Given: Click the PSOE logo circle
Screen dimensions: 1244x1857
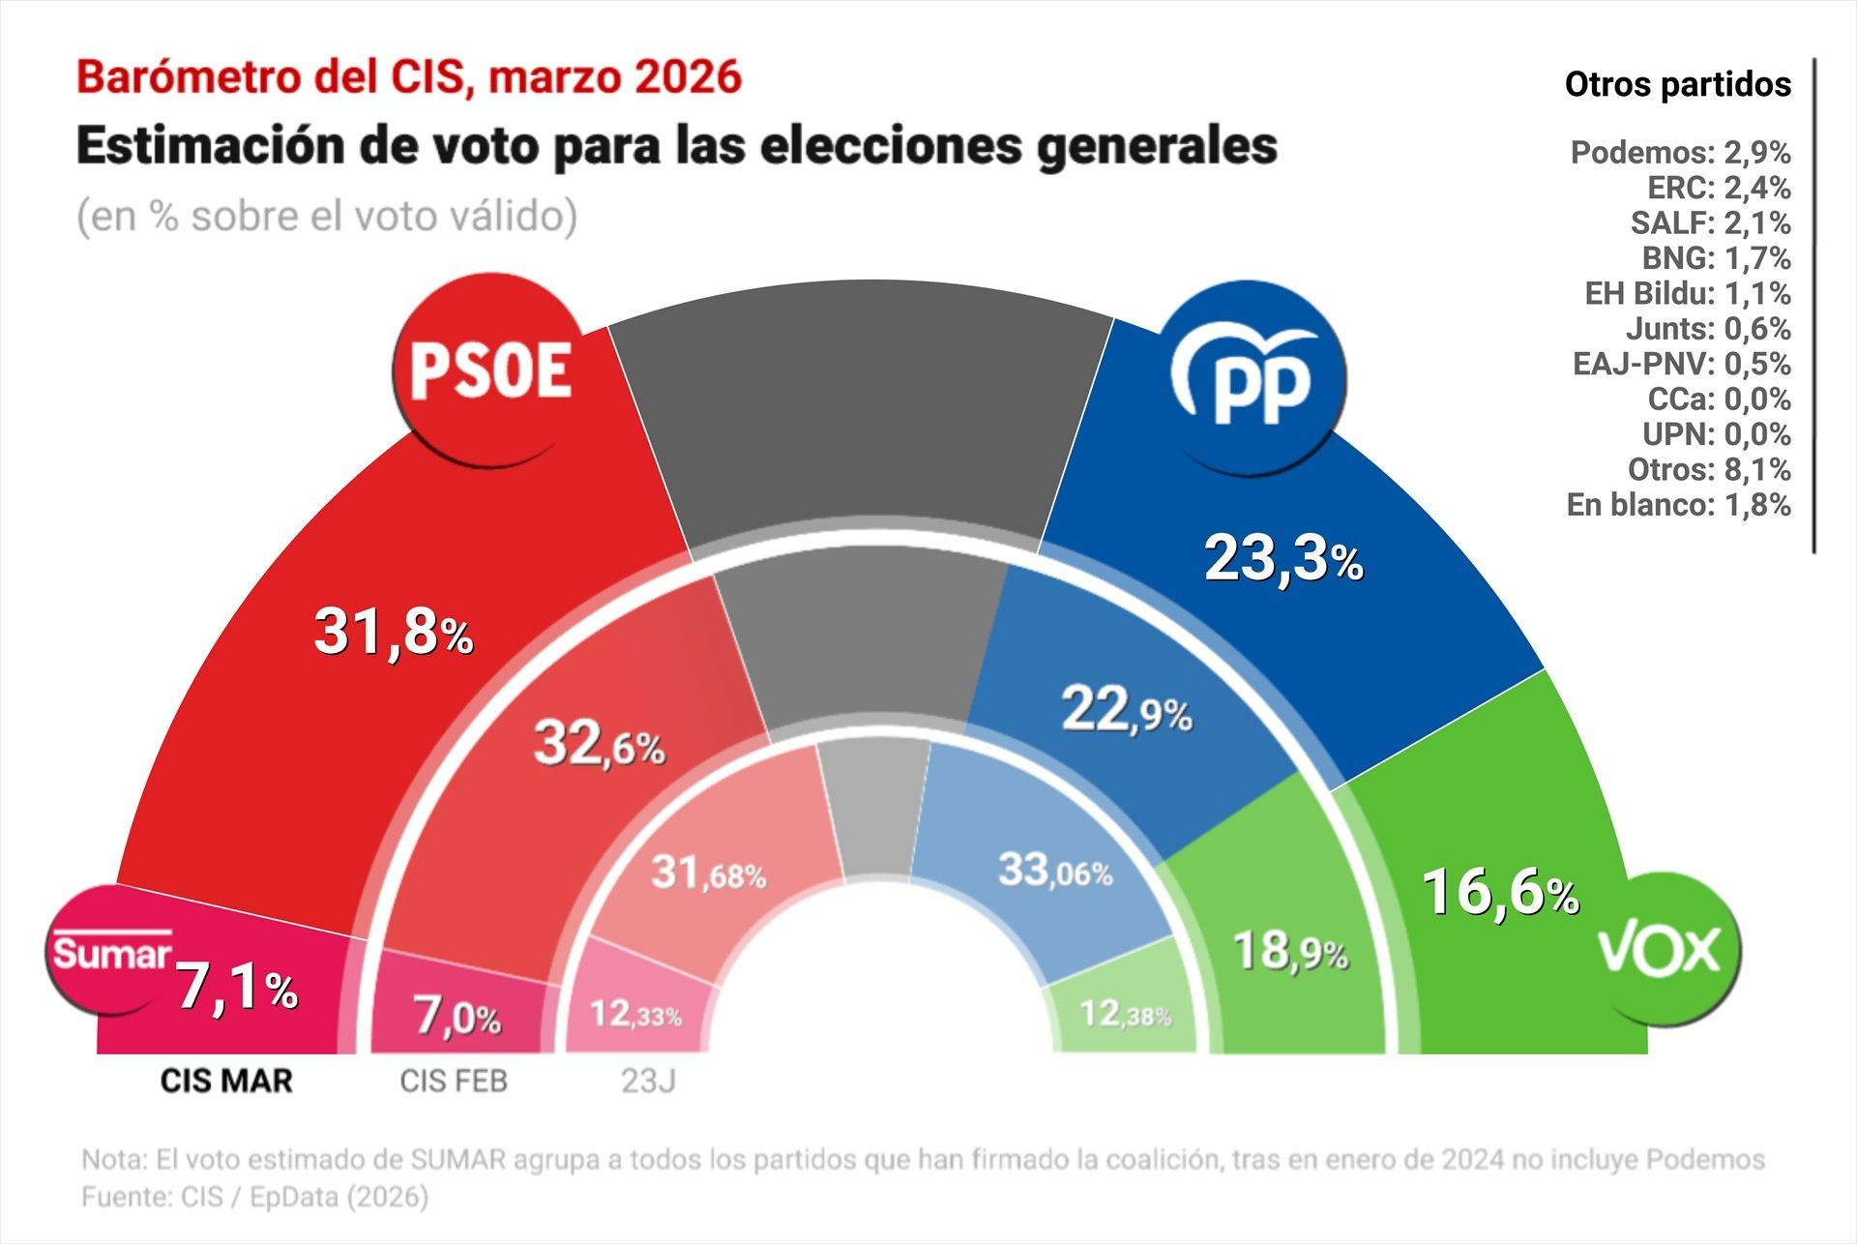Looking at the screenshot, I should click(489, 370).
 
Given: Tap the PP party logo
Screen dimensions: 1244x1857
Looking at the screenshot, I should click(1250, 378).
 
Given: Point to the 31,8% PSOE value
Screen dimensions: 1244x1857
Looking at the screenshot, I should click(394, 632).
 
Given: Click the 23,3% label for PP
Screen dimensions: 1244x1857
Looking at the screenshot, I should click(1283, 559).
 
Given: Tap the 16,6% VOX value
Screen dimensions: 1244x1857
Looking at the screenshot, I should click(1500, 892).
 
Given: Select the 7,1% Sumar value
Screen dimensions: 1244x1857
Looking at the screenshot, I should click(237, 988).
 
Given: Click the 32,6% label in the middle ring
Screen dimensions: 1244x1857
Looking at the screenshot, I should click(600, 745).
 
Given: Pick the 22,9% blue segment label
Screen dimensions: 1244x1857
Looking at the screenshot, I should click(1127, 711).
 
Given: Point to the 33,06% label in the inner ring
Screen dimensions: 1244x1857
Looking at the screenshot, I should click(1055, 870).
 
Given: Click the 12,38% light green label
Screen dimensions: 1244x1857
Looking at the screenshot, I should click(1125, 1014).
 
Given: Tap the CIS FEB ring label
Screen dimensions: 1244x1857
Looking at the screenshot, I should click(454, 1081).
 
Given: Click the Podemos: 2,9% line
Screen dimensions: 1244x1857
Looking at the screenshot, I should click(1680, 153).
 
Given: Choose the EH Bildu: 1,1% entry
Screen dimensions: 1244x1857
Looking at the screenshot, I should click(1687, 293).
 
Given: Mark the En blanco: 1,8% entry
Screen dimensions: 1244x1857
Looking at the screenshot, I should click(1678, 505).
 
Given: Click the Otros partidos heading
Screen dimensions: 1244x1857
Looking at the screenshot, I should click(1677, 85).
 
